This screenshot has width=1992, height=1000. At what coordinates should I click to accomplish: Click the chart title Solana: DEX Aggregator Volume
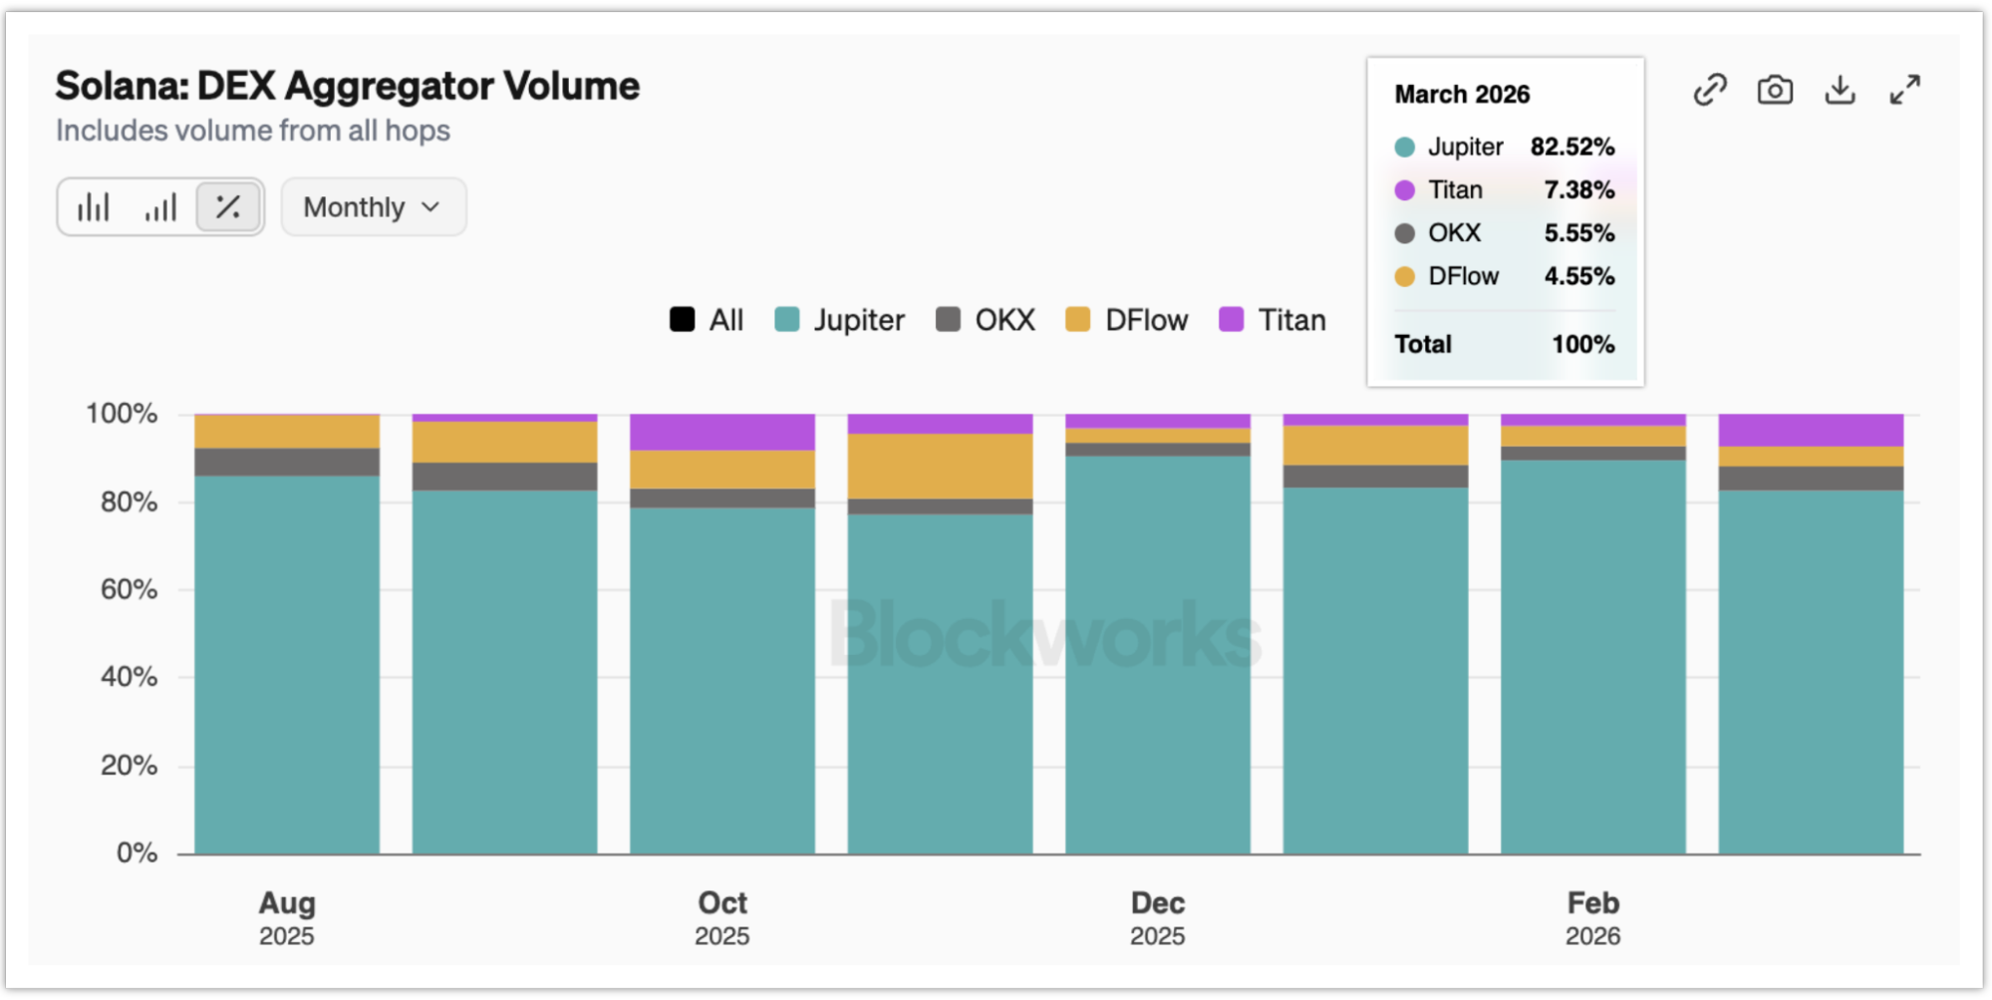tap(347, 87)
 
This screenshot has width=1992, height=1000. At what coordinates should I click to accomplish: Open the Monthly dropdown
tap(373, 207)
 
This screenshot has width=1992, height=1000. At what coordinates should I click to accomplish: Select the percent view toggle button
tap(228, 207)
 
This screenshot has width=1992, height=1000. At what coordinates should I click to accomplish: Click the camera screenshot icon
tap(1775, 91)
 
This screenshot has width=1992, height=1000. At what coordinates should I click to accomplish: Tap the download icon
tap(1840, 91)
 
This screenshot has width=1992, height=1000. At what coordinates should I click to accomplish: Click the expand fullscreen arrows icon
tap(1904, 91)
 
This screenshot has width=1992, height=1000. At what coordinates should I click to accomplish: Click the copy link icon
tap(1710, 91)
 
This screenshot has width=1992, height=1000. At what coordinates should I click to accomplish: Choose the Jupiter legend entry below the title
tap(840, 320)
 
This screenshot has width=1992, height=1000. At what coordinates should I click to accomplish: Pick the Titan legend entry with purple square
tap(1273, 320)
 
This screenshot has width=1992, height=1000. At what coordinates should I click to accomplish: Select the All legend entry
tap(707, 320)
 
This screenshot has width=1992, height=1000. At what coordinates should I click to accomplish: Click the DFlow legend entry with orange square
tap(1127, 320)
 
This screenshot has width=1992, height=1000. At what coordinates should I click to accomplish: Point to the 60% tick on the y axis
tap(129, 589)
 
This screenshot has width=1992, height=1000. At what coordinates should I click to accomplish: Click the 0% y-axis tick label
tap(137, 853)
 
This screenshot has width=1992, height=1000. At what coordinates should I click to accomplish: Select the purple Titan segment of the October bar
tap(722, 432)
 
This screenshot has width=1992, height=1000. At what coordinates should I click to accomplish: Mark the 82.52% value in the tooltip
tap(1572, 148)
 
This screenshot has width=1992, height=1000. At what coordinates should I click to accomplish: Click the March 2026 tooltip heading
tap(1462, 95)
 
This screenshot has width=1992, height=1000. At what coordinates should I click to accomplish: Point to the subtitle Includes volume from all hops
tap(253, 132)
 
